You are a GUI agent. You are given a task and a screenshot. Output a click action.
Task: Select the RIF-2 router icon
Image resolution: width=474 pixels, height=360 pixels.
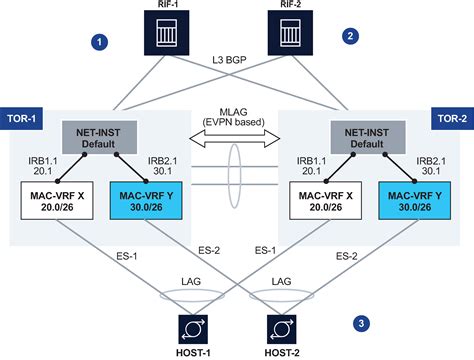(x=292, y=40)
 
